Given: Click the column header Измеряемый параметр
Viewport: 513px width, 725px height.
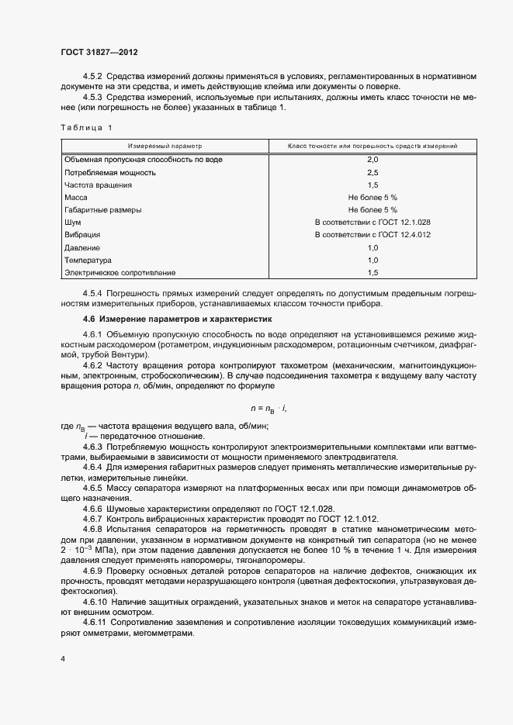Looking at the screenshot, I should pyautogui.click(x=165, y=146).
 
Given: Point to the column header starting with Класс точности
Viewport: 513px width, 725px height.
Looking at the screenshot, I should pyautogui.click(x=373, y=146).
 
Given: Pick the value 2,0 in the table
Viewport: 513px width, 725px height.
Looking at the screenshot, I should pyautogui.click(x=373, y=159).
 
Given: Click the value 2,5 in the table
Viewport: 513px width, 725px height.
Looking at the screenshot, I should pyautogui.click(x=373, y=172).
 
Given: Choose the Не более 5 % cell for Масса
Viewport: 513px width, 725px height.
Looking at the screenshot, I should pyautogui.click(x=373, y=198).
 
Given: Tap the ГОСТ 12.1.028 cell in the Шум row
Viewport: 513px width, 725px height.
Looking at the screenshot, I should pyautogui.click(x=373, y=222).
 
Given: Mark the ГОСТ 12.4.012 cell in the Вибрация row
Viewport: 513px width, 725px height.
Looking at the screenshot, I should pyautogui.click(x=373, y=234).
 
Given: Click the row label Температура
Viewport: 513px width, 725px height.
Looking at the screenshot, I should pyautogui.click(x=88, y=261).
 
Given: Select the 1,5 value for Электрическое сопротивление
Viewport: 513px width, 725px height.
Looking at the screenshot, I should pyautogui.click(x=373, y=273).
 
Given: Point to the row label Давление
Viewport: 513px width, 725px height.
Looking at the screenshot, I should pyautogui.click(x=83, y=247).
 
